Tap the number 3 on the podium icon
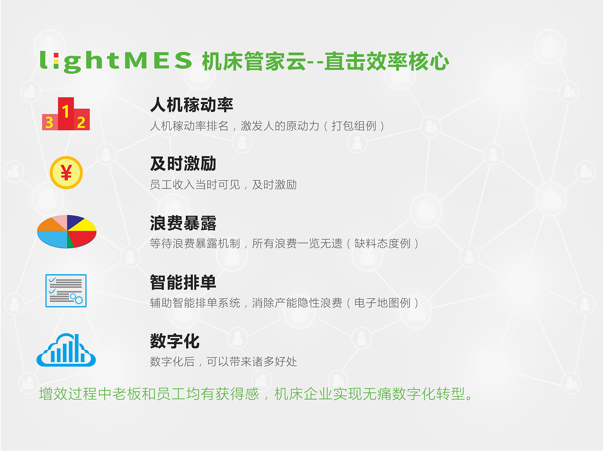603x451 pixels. pyautogui.click(x=49, y=122)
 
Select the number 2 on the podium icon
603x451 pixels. pyautogui.click(x=81, y=122)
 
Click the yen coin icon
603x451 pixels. pyautogui.click(x=66, y=173)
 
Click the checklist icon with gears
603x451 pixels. pyautogui.click(x=66, y=291)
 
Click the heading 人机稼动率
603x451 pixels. pyautogui.click(x=192, y=105)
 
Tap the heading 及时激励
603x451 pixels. pyautogui.click(x=183, y=164)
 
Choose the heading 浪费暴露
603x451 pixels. pyautogui.click(x=183, y=223)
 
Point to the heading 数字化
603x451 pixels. pyautogui.click(x=175, y=341)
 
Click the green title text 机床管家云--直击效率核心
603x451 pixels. pyautogui.click(x=326, y=61)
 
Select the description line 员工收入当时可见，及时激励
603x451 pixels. pyautogui.click(x=223, y=185)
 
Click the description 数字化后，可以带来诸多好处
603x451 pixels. pyautogui.click(x=223, y=361)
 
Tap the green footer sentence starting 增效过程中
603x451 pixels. pyautogui.click(x=256, y=394)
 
